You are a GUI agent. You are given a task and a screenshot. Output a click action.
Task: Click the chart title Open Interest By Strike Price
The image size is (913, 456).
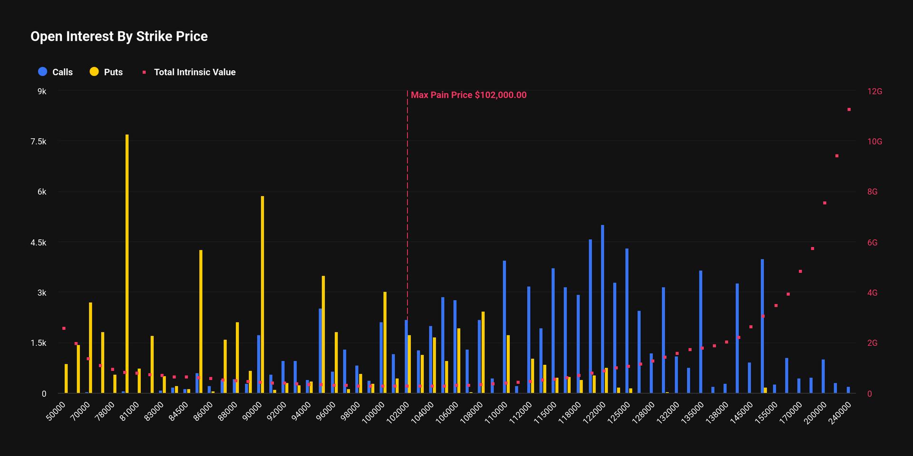click(x=119, y=37)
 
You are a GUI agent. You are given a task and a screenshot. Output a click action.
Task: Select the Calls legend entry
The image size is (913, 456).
click(x=56, y=72)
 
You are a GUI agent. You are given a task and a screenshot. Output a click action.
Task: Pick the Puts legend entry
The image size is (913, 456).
click(x=107, y=72)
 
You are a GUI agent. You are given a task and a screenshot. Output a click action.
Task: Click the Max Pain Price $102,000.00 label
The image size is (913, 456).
click(x=468, y=95)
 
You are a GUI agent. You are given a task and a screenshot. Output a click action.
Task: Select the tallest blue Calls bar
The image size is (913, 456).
click(x=602, y=309)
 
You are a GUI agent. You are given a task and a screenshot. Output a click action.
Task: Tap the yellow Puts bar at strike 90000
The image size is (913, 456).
click(x=262, y=294)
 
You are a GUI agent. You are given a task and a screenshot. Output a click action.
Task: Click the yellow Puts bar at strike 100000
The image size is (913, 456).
click(x=385, y=342)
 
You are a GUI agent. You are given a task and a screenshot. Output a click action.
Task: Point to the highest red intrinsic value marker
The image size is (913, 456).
click(x=849, y=110)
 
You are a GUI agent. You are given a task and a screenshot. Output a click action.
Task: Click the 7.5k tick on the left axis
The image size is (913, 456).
click(x=39, y=142)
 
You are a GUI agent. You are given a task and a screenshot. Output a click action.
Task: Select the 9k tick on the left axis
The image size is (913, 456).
click(x=42, y=91)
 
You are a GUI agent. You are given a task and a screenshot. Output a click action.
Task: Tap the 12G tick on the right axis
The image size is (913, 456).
click(x=874, y=91)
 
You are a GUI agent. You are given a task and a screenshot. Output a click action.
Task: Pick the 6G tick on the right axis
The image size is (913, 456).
click(x=872, y=243)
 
